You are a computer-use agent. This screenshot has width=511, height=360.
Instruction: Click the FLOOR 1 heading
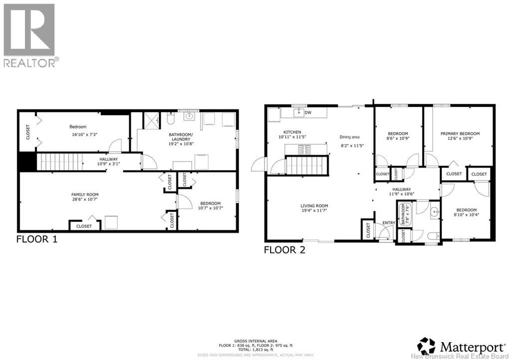(37, 239)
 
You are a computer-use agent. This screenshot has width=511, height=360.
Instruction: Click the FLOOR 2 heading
(284, 250)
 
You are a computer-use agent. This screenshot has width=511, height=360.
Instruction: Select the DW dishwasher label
(308, 113)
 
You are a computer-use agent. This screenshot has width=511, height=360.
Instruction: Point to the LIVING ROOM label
(314, 206)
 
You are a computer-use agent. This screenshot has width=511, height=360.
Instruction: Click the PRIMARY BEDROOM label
(460, 134)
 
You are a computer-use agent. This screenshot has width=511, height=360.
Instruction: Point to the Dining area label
(349, 137)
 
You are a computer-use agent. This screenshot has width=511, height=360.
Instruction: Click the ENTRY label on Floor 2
(388, 223)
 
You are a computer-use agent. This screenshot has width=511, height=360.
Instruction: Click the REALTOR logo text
(30, 62)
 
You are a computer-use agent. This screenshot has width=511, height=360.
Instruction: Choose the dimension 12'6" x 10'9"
(460, 140)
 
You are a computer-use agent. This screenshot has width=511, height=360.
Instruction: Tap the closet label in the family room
(84, 226)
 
